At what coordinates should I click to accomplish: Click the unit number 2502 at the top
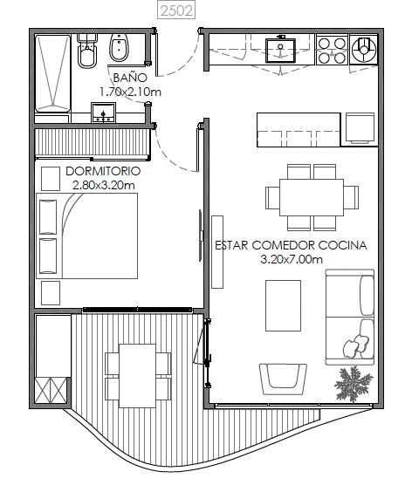[x=176, y=10]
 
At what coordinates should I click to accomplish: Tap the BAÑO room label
[x=130, y=77]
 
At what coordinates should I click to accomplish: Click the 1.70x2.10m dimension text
[x=130, y=92]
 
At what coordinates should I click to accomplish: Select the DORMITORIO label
[x=103, y=171]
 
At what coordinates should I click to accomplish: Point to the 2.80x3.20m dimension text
[x=103, y=185]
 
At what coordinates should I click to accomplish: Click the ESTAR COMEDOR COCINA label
[x=291, y=245]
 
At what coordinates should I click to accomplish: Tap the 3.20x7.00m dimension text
[x=292, y=259]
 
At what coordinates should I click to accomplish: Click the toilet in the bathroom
[x=87, y=51]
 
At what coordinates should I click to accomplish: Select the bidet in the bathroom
[x=119, y=48]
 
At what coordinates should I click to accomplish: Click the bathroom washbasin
[x=103, y=113]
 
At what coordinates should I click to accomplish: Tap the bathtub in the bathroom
[x=52, y=74]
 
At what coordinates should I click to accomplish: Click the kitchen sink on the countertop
[x=280, y=51]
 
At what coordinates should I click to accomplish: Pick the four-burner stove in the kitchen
[x=332, y=51]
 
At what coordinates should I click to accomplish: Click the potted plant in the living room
[x=354, y=384]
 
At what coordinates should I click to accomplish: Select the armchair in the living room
[x=283, y=379]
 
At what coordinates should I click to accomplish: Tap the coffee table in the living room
[x=283, y=305]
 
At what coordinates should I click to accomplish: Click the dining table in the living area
[x=312, y=197]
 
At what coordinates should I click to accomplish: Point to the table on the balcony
[x=138, y=376]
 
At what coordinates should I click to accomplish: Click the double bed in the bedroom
[x=87, y=236]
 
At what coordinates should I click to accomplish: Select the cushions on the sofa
[x=355, y=346]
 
